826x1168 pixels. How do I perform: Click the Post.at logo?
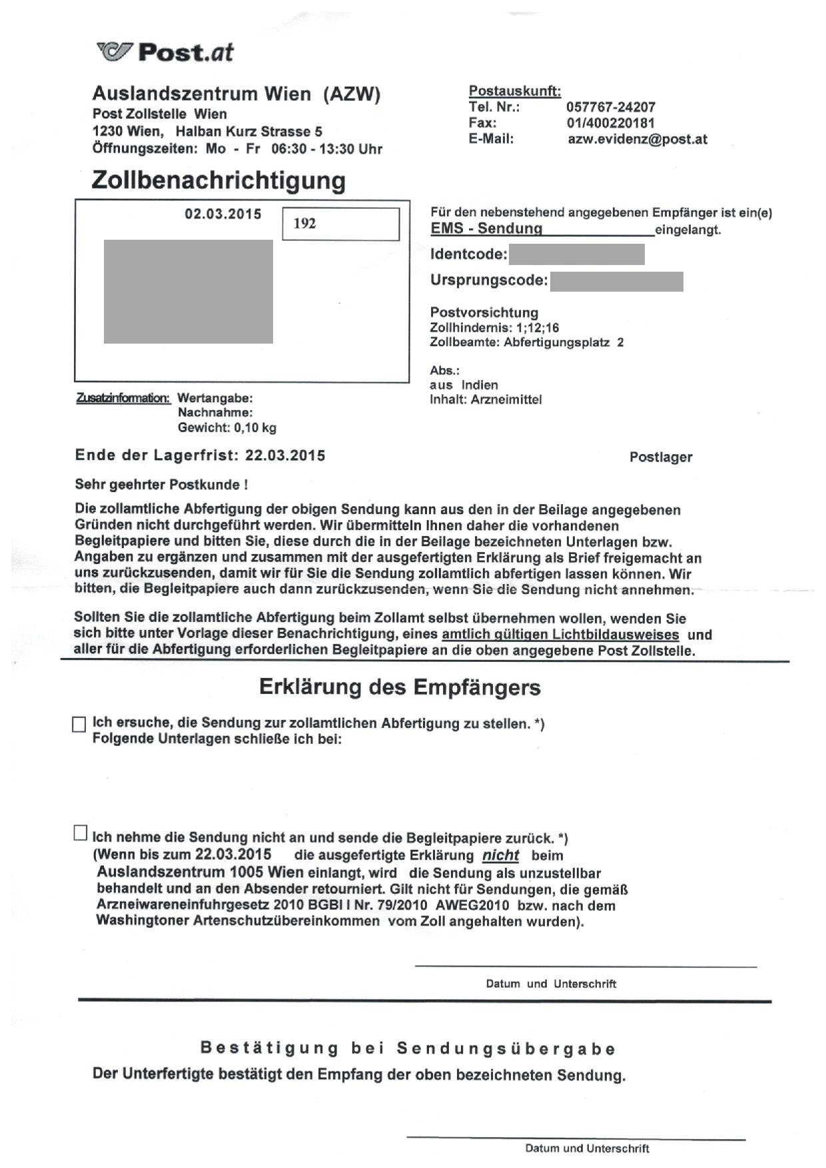point(165,52)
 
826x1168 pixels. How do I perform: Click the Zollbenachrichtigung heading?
point(218,180)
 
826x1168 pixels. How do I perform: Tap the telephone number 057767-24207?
point(610,107)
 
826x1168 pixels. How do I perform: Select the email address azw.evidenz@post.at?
point(637,139)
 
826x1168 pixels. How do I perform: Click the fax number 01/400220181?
point(610,123)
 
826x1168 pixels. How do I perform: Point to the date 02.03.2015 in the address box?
point(223,214)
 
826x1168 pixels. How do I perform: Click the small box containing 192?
point(340,224)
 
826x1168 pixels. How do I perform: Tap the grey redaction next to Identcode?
point(576,254)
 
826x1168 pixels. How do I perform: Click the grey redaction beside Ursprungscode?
point(616,282)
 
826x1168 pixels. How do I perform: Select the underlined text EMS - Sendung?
point(486,229)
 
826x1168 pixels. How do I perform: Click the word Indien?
point(480,385)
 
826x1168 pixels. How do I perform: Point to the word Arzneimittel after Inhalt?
point(506,400)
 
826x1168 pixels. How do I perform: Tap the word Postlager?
point(660,457)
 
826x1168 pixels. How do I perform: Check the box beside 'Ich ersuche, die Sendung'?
point(79,725)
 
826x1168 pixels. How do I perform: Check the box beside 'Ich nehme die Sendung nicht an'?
point(80,833)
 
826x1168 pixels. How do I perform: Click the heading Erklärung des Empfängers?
point(400,687)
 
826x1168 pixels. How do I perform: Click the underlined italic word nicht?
point(500,856)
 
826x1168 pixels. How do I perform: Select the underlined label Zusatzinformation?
point(124,398)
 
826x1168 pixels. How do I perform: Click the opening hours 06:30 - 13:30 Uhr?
point(326,149)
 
